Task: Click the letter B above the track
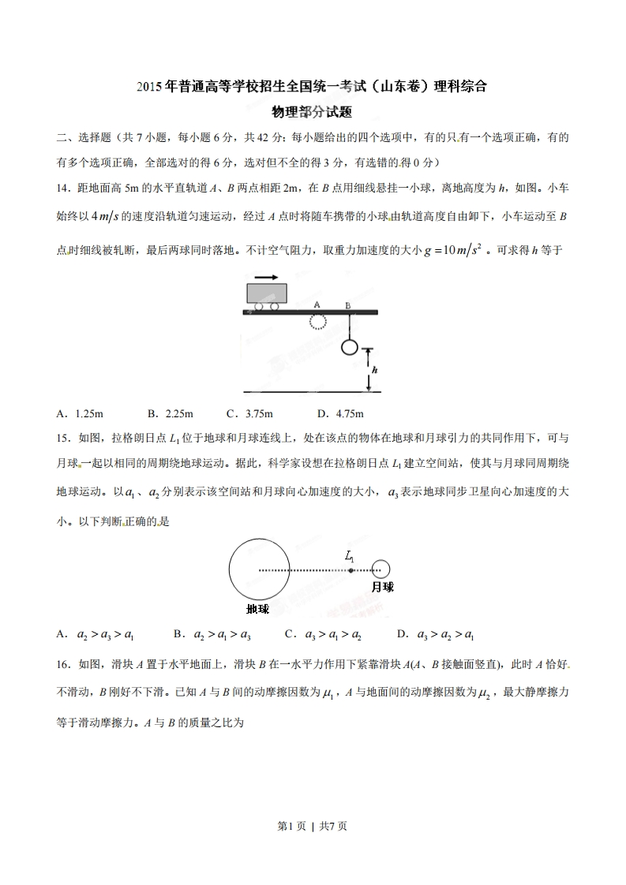[x=347, y=304]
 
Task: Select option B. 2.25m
[x=170, y=413]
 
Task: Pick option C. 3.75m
[x=249, y=413]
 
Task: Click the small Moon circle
[x=381, y=568]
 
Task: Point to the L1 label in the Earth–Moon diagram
[x=350, y=556]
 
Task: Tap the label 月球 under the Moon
[x=382, y=587]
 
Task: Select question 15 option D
[x=436, y=633]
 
